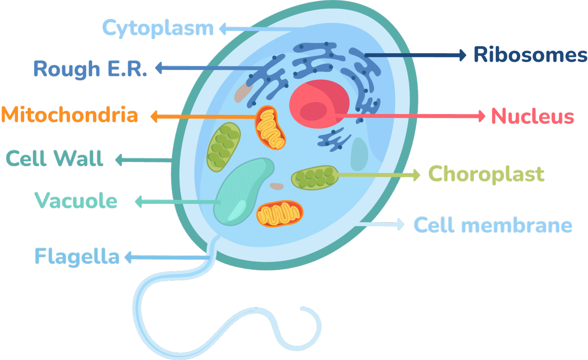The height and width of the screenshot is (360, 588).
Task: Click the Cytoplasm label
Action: click(158, 28)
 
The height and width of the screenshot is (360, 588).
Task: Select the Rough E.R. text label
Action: click(90, 69)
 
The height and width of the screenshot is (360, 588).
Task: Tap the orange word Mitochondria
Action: click(70, 115)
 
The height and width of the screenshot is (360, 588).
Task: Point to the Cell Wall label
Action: click(55, 159)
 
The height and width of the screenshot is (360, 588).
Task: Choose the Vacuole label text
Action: click(76, 201)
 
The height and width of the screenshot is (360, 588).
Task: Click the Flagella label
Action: click(77, 257)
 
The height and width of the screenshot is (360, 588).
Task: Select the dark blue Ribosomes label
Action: click(530, 55)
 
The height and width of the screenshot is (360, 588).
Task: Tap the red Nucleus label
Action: click(532, 116)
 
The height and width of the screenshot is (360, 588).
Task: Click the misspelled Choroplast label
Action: click(486, 175)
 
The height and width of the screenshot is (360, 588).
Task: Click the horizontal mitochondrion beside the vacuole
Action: click(279, 213)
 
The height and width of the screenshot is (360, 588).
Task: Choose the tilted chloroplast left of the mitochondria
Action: click(224, 147)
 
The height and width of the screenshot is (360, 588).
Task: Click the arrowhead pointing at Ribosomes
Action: click(462, 55)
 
